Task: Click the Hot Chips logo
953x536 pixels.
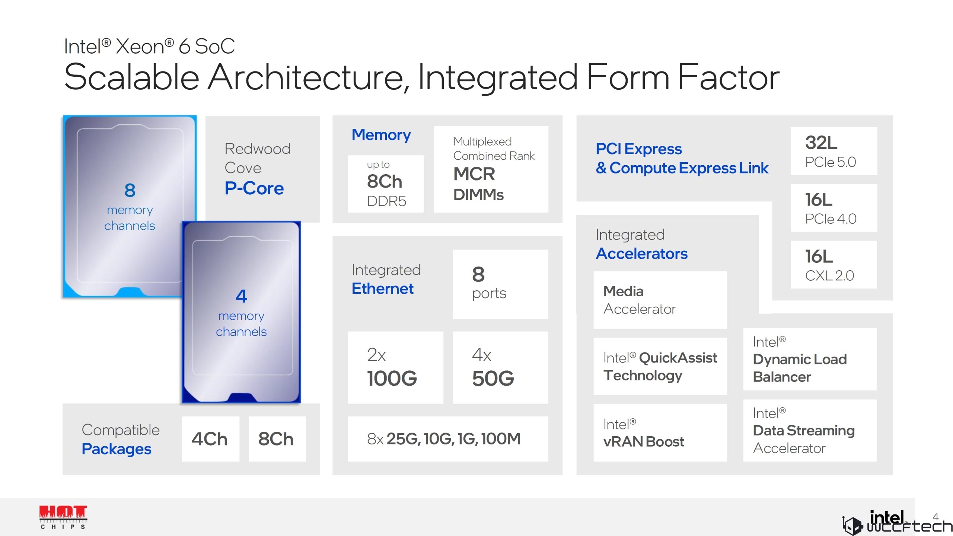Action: pyautogui.click(x=63, y=517)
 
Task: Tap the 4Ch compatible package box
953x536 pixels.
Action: pyautogui.click(x=210, y=439)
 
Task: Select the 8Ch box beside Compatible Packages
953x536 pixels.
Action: pyautogui.click(x=277, y=439)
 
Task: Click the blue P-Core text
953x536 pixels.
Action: pyautogui.click(x=254, y=188)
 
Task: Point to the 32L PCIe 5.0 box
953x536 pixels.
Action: pyautogui.click(x=834, y=151)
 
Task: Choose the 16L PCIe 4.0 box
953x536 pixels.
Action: pyautogui.click(x=834, y=208)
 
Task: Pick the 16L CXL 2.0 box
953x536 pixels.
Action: pyautogui.click(x=834, y=265)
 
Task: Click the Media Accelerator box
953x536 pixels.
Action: pyautogui.click(x=660, y=300)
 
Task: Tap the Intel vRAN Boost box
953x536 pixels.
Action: pyautogui.click(x=660, y=433)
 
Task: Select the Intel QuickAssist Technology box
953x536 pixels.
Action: pyautogui.click(x=660, y=366)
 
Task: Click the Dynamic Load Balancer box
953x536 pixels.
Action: pyautogui.click(x=810, y=359)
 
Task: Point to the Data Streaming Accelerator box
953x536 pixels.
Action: pyautogui.click(x=810, y=431)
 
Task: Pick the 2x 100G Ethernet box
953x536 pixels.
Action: pyautogui.click(x=395, y=367)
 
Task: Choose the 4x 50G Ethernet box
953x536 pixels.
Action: pyautogui.click(x=500, y=367)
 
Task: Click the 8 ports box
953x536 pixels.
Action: pyautogui.click(x=500, y=284)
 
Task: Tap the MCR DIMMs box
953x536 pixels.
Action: pyautogui.click(x=491, y=169)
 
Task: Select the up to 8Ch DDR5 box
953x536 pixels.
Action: pyautogui.click(x=386, y=184)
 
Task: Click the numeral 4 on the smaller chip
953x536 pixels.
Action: pyautogui.click(x=241, y=296)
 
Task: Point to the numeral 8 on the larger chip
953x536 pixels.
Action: pyautogui.click(x=130, y=191)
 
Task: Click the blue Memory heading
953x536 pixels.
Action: pyautogui.click(x=381, y=135)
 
